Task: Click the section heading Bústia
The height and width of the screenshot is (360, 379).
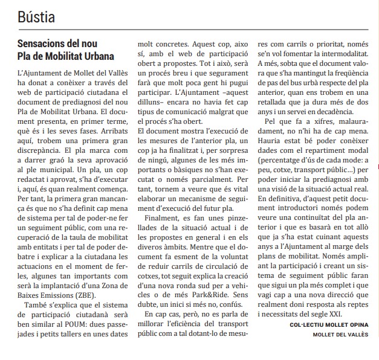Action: [36, 18]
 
